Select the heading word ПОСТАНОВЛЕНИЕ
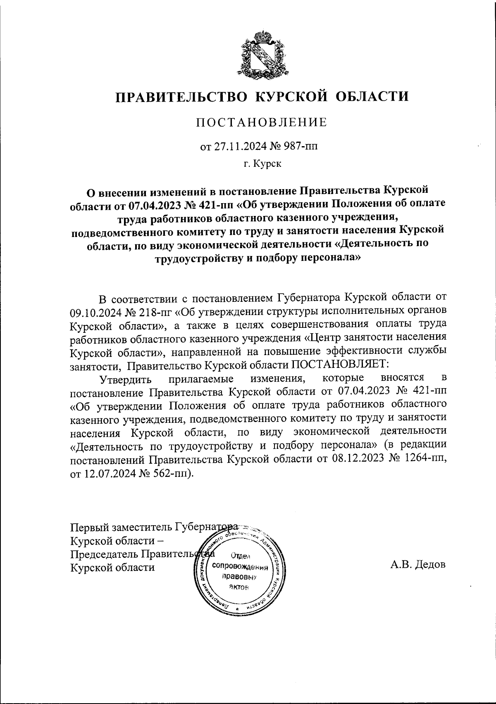[261, 123]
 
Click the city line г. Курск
[262, 164]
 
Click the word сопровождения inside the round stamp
[240, 566]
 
